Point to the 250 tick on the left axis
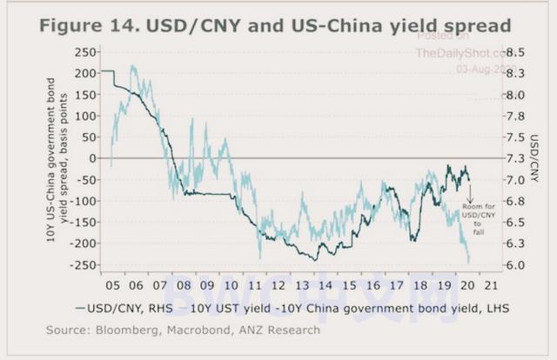(x=84, y=52)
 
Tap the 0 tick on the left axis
(x=91, y=159)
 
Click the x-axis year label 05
(x=111, y=283)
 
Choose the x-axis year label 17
(x=397, y=283)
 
